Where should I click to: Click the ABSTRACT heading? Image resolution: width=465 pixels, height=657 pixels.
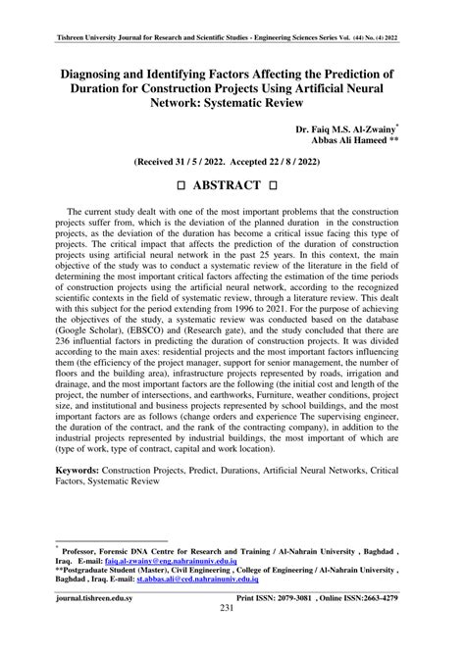232,185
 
